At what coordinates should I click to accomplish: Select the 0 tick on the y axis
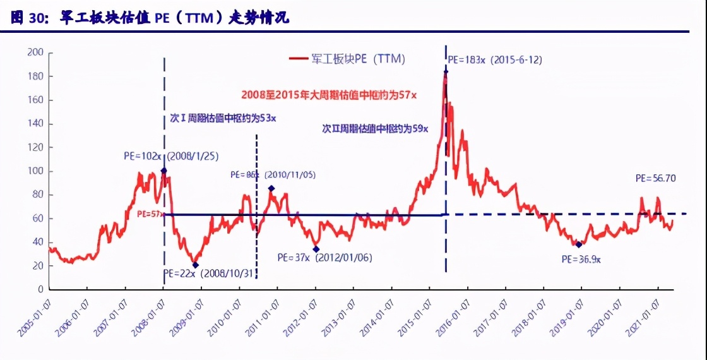40,289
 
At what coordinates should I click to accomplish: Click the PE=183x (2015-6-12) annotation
495,60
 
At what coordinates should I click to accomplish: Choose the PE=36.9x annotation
581,259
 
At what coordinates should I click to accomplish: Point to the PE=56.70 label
655,179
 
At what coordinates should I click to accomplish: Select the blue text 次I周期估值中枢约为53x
223,118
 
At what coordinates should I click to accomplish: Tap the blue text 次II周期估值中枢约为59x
375,128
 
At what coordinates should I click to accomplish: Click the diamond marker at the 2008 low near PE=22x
195,265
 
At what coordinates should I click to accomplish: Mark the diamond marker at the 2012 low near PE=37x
316,249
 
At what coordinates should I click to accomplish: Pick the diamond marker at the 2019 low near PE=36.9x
578,244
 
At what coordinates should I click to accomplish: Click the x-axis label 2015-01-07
414,316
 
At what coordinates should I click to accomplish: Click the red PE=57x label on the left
150,214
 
